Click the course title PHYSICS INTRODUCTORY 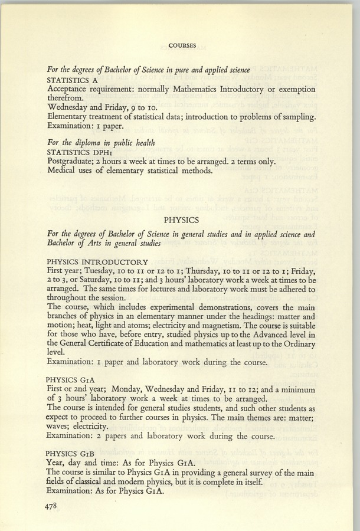tap(97, 262)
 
